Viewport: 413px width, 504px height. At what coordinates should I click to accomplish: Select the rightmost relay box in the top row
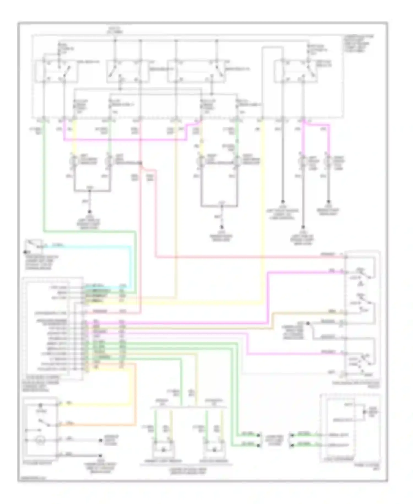point(296,71)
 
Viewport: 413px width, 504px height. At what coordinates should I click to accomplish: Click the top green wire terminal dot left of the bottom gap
point(258,436)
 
